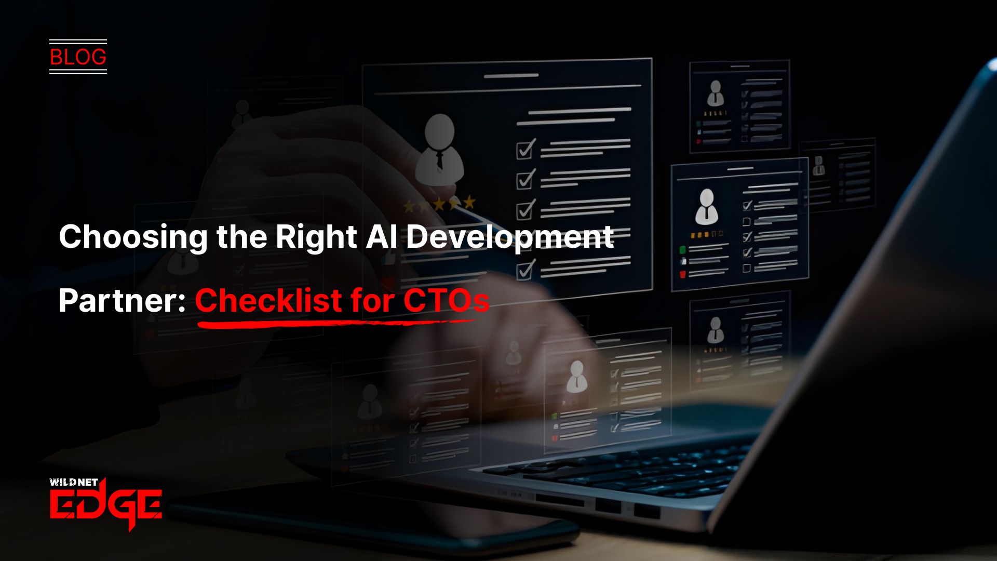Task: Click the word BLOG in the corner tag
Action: point(78,57)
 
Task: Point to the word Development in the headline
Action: point(510,237)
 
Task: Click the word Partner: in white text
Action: point(122,301)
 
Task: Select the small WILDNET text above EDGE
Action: point(74,482)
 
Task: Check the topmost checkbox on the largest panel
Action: point(526,149)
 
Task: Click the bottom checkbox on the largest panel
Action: point(526,270)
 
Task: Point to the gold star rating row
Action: point(439,204)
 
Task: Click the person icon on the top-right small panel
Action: point(716,94)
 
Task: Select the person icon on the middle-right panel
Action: point(706,206)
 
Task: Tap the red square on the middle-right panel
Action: point(683,274)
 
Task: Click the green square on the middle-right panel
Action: point(683,250)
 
